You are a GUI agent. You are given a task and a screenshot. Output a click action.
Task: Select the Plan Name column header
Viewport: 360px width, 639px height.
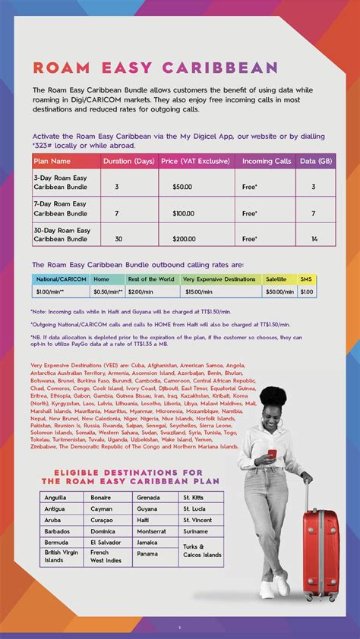pyautogui.click(x=51, y=161)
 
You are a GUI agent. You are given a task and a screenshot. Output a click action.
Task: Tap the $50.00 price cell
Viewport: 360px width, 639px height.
pyautogui.click(x=182, y=186)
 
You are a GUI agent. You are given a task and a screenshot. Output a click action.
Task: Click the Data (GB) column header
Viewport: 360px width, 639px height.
pyautogui.click(x=314, y=161)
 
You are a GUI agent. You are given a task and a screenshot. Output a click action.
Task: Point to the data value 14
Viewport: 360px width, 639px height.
pyautogui.click(x=314, y=238)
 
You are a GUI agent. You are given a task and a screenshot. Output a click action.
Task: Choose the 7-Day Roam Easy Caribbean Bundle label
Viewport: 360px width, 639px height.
pyautogui.click(x=62, y=208)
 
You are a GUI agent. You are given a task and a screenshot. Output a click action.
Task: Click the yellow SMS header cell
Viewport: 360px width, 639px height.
pyautogui.click(x=307, y=279)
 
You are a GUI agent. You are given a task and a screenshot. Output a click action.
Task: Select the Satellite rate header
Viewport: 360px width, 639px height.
pyautogui.click(x=276, y=279)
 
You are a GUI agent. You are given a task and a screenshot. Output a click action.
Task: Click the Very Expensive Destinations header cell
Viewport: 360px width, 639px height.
pyautogui.click(x=219, y=279)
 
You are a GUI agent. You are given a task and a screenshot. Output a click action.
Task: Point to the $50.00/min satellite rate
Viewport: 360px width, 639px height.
pyautogui.click(x=279, y=291)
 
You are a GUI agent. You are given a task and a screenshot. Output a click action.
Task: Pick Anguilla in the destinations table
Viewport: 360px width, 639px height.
pyautogui.click(x=55, y=497)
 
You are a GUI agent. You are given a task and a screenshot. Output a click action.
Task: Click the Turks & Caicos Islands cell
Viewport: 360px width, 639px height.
pyautogui.click(x=201, y=550)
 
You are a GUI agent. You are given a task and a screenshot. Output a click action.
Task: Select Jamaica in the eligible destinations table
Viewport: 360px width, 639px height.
pyautogui.click(x=148, y=543)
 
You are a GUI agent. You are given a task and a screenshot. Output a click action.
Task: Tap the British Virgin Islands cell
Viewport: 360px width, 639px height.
pyautogui.click(x=61, y=556)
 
